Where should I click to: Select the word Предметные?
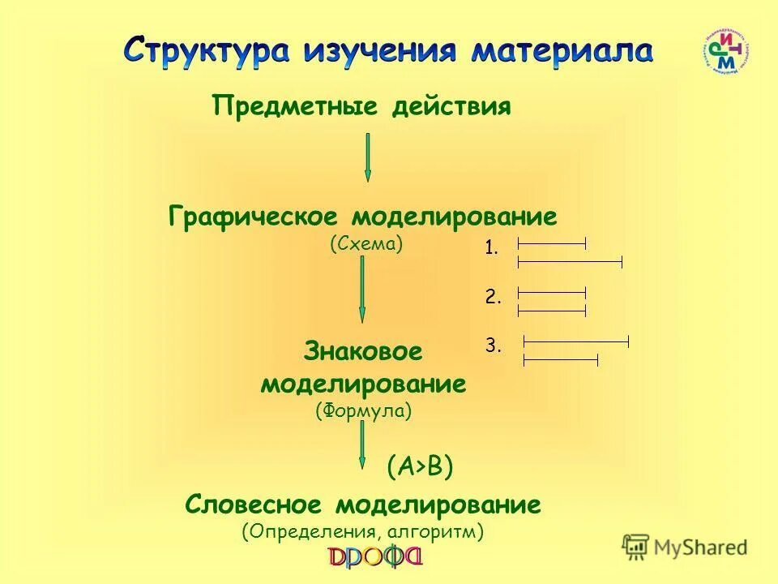pos(295,106)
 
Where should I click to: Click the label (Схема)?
pos(366,243)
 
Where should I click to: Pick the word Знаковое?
pos(363,352)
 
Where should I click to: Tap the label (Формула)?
pos(364,411)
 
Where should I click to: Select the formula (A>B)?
pos(419,466)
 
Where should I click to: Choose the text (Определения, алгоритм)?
pos(363,532)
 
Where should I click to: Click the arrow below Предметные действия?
pos(368,157)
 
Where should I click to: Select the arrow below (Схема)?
pos(362,290)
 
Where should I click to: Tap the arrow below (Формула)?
pos(362,444)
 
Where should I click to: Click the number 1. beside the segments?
pos(492,249)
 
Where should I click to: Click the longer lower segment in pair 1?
pos(570,261)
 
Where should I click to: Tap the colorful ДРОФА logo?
pos(375,558)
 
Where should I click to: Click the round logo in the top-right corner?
pos(725,53)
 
